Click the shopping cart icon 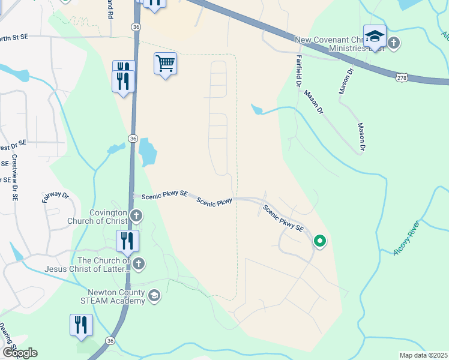(x=165, y=62)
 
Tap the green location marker (x=320, y=241)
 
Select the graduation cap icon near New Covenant (x=375, y=37)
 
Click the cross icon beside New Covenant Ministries (x=394, y=43)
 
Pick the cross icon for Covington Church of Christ (x=137, y=215)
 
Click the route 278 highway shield (x=402, y=77)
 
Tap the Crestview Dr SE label (x=14, y=177)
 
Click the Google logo (x=19, y=353)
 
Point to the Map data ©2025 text (x=423, y=355)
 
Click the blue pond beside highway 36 (x=147, y=152)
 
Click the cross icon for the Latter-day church (x=139, y=263)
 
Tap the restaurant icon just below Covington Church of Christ (x=127, y=241)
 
